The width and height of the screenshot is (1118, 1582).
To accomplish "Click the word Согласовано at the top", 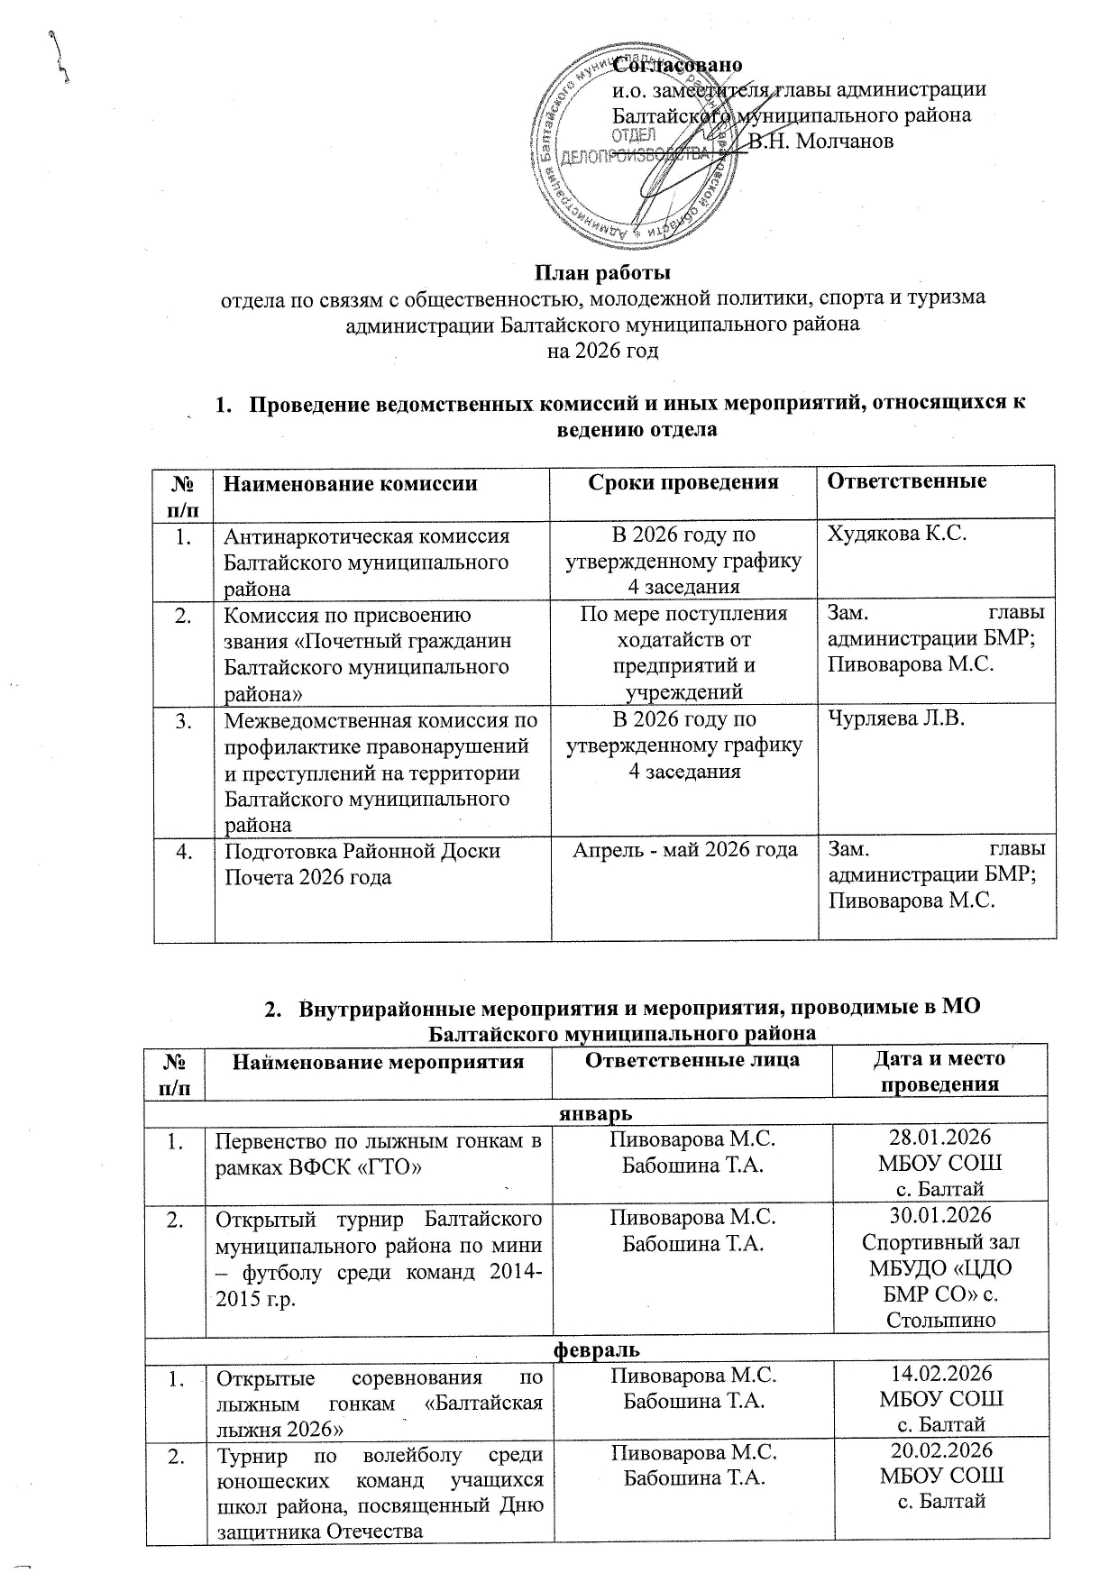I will pos(677,65).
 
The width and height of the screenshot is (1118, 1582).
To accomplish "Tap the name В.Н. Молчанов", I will pos(821,141).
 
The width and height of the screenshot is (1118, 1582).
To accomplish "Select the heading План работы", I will pos(603,272).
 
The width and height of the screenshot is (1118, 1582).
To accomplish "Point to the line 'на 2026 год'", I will pos(603,350).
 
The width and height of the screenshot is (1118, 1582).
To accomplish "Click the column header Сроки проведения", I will pos(683,481).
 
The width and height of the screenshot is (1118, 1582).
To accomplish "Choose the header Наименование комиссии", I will pos(350,483).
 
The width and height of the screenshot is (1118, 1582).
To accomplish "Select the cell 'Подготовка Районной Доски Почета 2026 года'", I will pos(362,864).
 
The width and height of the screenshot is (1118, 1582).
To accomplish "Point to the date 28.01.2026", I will pos(940,1138).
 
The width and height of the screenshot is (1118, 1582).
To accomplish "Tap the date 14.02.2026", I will pos(940,1373).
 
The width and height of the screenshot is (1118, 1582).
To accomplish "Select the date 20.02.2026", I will pos(940,1450).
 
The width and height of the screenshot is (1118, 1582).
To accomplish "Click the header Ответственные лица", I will pos(692,1059).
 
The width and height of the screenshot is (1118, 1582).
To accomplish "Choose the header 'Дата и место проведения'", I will pos(940,1071).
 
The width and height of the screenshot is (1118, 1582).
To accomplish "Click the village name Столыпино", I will pos(940,1321).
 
